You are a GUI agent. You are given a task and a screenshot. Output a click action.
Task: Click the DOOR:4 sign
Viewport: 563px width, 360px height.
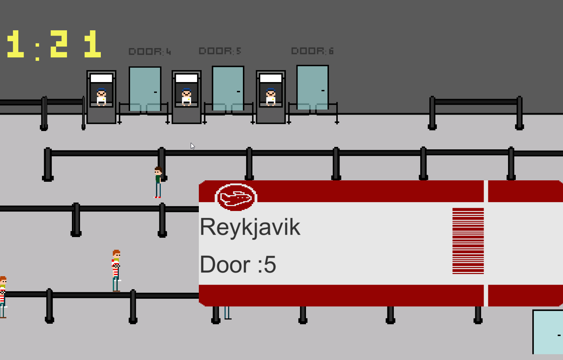pos(150,51)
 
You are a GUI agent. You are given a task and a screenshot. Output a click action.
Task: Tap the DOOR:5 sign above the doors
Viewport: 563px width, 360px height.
pos(220,51)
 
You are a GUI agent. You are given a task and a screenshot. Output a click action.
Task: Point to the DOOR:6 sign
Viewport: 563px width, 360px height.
pos(312,51)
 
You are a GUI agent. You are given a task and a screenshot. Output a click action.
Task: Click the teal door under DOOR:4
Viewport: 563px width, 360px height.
pos(145,89)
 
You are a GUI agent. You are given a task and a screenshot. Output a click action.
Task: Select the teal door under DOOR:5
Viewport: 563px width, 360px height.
pos(228,88)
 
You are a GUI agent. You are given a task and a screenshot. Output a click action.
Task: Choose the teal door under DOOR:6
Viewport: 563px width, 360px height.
pos(313,88)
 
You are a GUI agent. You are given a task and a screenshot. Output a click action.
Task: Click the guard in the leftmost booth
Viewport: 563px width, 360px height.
pos(101,97)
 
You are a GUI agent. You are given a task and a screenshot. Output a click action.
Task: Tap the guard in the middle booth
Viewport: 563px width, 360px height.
pos(186,97)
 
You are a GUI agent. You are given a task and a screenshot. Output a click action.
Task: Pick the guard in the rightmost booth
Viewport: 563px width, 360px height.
pos(271,97)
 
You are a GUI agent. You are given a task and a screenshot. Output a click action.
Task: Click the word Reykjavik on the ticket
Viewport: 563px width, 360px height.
pos(250,228)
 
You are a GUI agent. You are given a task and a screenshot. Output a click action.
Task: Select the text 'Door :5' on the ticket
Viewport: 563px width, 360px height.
pos(238,265)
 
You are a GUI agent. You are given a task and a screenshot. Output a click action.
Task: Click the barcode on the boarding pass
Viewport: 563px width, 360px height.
pos(468,241)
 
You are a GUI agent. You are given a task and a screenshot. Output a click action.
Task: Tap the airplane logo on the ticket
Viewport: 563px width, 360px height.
pos(236,198)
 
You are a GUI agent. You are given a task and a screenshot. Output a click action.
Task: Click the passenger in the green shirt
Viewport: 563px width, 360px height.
pos(158,182)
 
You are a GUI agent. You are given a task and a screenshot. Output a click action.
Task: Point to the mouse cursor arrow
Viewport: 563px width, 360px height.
pos(192,146)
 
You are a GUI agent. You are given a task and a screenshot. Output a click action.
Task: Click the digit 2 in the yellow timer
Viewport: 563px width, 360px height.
pos(59,44)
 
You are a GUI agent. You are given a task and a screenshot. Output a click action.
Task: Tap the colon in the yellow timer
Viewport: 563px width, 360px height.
pos(37,52)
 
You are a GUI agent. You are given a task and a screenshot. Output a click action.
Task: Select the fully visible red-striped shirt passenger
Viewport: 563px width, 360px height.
pos(116,271)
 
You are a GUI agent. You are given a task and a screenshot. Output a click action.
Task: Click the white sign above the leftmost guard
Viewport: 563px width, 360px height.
pos(101,78)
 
